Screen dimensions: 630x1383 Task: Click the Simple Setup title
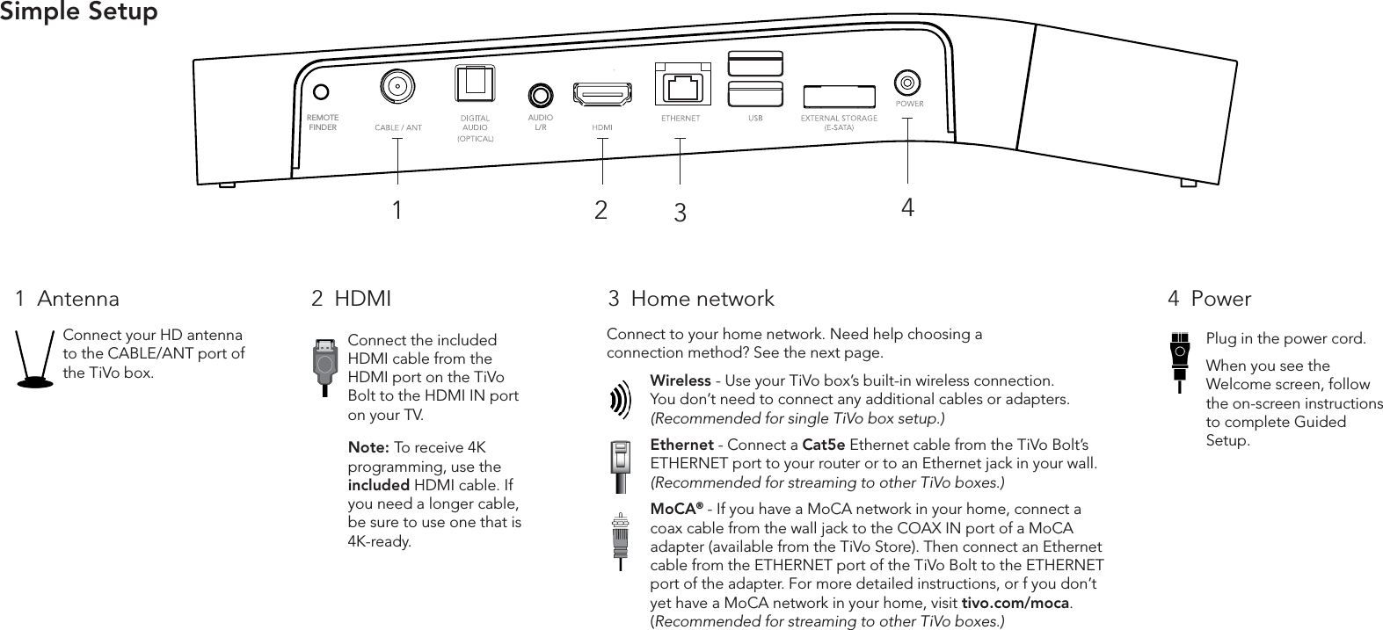point(79,12)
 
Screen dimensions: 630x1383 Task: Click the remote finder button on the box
point(323,91)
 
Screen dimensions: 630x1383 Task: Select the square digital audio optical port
point(475,85)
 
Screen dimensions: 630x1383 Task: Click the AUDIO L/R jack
point(540,94)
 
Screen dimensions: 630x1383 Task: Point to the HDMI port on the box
point(602,94)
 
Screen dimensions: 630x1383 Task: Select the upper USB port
point(755,64)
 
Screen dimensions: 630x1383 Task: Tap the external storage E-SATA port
point(839,96)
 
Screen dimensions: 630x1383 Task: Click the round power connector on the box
point(906,83)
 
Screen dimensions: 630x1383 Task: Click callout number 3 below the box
point(680,213)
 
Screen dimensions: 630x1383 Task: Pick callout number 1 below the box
point(397,211)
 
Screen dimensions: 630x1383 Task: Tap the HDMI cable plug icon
point(325,362)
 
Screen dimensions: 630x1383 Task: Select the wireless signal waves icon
point(620,400)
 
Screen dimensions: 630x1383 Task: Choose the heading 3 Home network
point(691,299)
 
